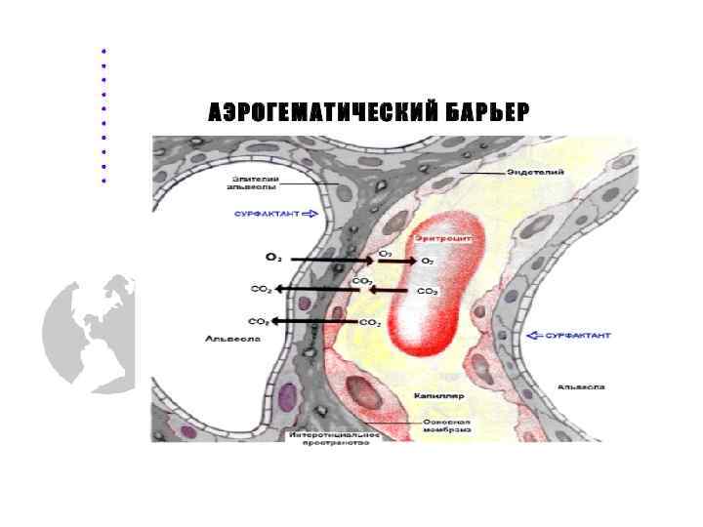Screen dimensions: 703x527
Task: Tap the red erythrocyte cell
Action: pyautogui.click(x=430, y=293)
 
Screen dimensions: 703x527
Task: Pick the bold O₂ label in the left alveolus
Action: pyautogui.click(x=273, y=257)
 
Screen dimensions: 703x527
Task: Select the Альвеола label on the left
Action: pyautogui.click(x=227, y=340)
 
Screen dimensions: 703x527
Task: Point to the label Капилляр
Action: pyautogui.click(x=442, y=397)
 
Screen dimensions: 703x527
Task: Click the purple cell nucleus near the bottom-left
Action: pyautogui.click(x=286, y=396)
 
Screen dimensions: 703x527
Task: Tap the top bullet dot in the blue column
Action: pyautogui.click(x=103, y=50)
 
